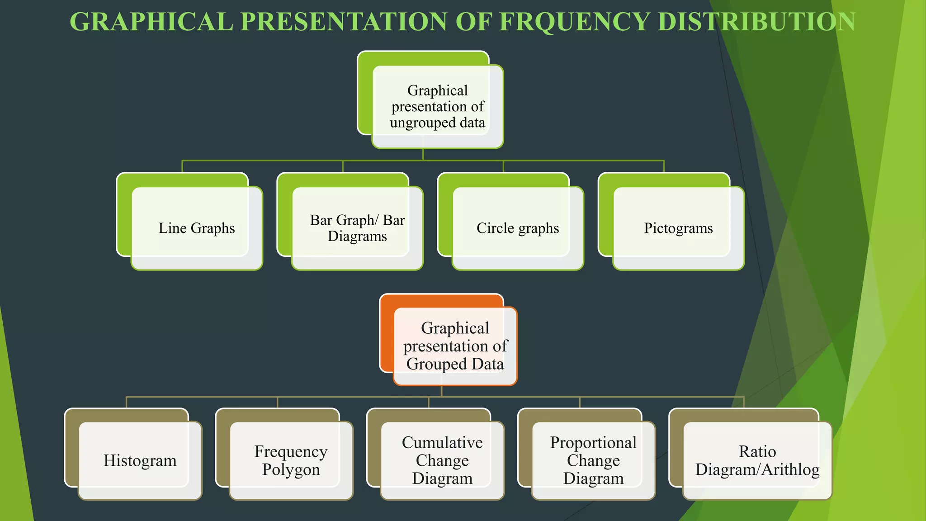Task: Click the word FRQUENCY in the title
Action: [574, 22]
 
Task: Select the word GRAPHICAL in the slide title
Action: [151, 22]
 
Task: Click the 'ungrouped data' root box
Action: [437, 107]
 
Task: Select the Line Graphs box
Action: [197, 228]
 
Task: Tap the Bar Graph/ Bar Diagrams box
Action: [357, 228]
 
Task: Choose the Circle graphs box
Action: [518, 228]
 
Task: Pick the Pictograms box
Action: [678, 228]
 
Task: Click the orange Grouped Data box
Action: [455, 346]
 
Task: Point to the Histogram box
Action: [140, 460]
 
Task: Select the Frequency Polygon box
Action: [291, 460]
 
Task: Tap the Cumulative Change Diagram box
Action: [442, 460]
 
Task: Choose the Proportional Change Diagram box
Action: [593, 460]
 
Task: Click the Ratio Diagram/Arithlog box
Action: [757, 460]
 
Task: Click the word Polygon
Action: [291, 470]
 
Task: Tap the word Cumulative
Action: [442, 442]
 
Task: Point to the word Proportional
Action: [593, 442]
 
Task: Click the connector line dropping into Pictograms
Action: [664, 166]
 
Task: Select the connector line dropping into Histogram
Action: [126, 403]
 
